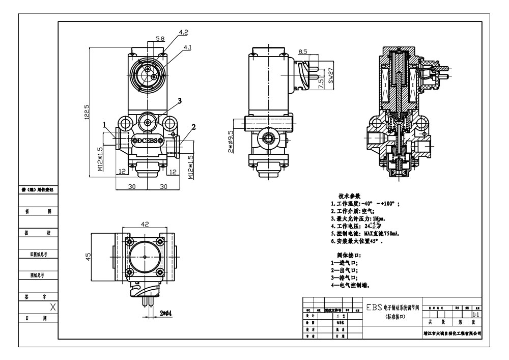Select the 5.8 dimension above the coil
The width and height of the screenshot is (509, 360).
(x=160, y=39)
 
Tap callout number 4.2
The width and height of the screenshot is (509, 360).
(x=183, y=32)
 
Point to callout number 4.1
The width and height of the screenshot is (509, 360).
(x=187, y=47)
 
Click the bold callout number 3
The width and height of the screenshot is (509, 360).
(x=180, y=100)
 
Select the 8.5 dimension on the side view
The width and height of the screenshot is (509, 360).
(x=302, y=51)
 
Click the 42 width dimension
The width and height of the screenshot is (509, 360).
(x=145, y=223)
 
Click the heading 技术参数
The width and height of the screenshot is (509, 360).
(x=349, y=196)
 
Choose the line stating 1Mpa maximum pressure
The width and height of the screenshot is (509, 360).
(x=357, y=218)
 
